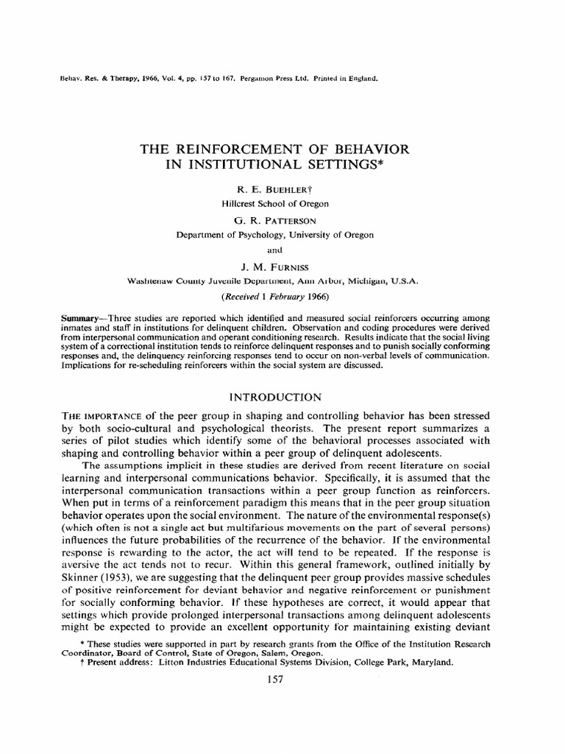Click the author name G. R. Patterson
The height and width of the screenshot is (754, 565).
point(275,220)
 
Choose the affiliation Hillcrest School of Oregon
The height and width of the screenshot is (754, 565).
point(275,203)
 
